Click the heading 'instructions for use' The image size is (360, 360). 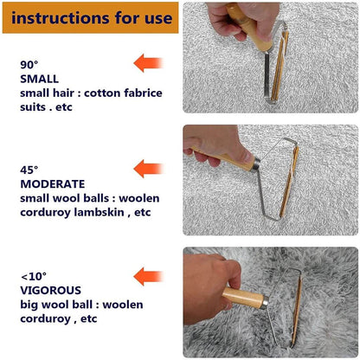coord(92,17)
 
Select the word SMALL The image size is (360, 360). coord(39,79)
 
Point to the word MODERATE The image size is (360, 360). coord(52,184)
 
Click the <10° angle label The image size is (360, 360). coord(32,277)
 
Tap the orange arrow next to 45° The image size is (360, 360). coord(148,170)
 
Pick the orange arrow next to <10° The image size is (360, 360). coord(148,276)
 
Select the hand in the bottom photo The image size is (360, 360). coord(208,286)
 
